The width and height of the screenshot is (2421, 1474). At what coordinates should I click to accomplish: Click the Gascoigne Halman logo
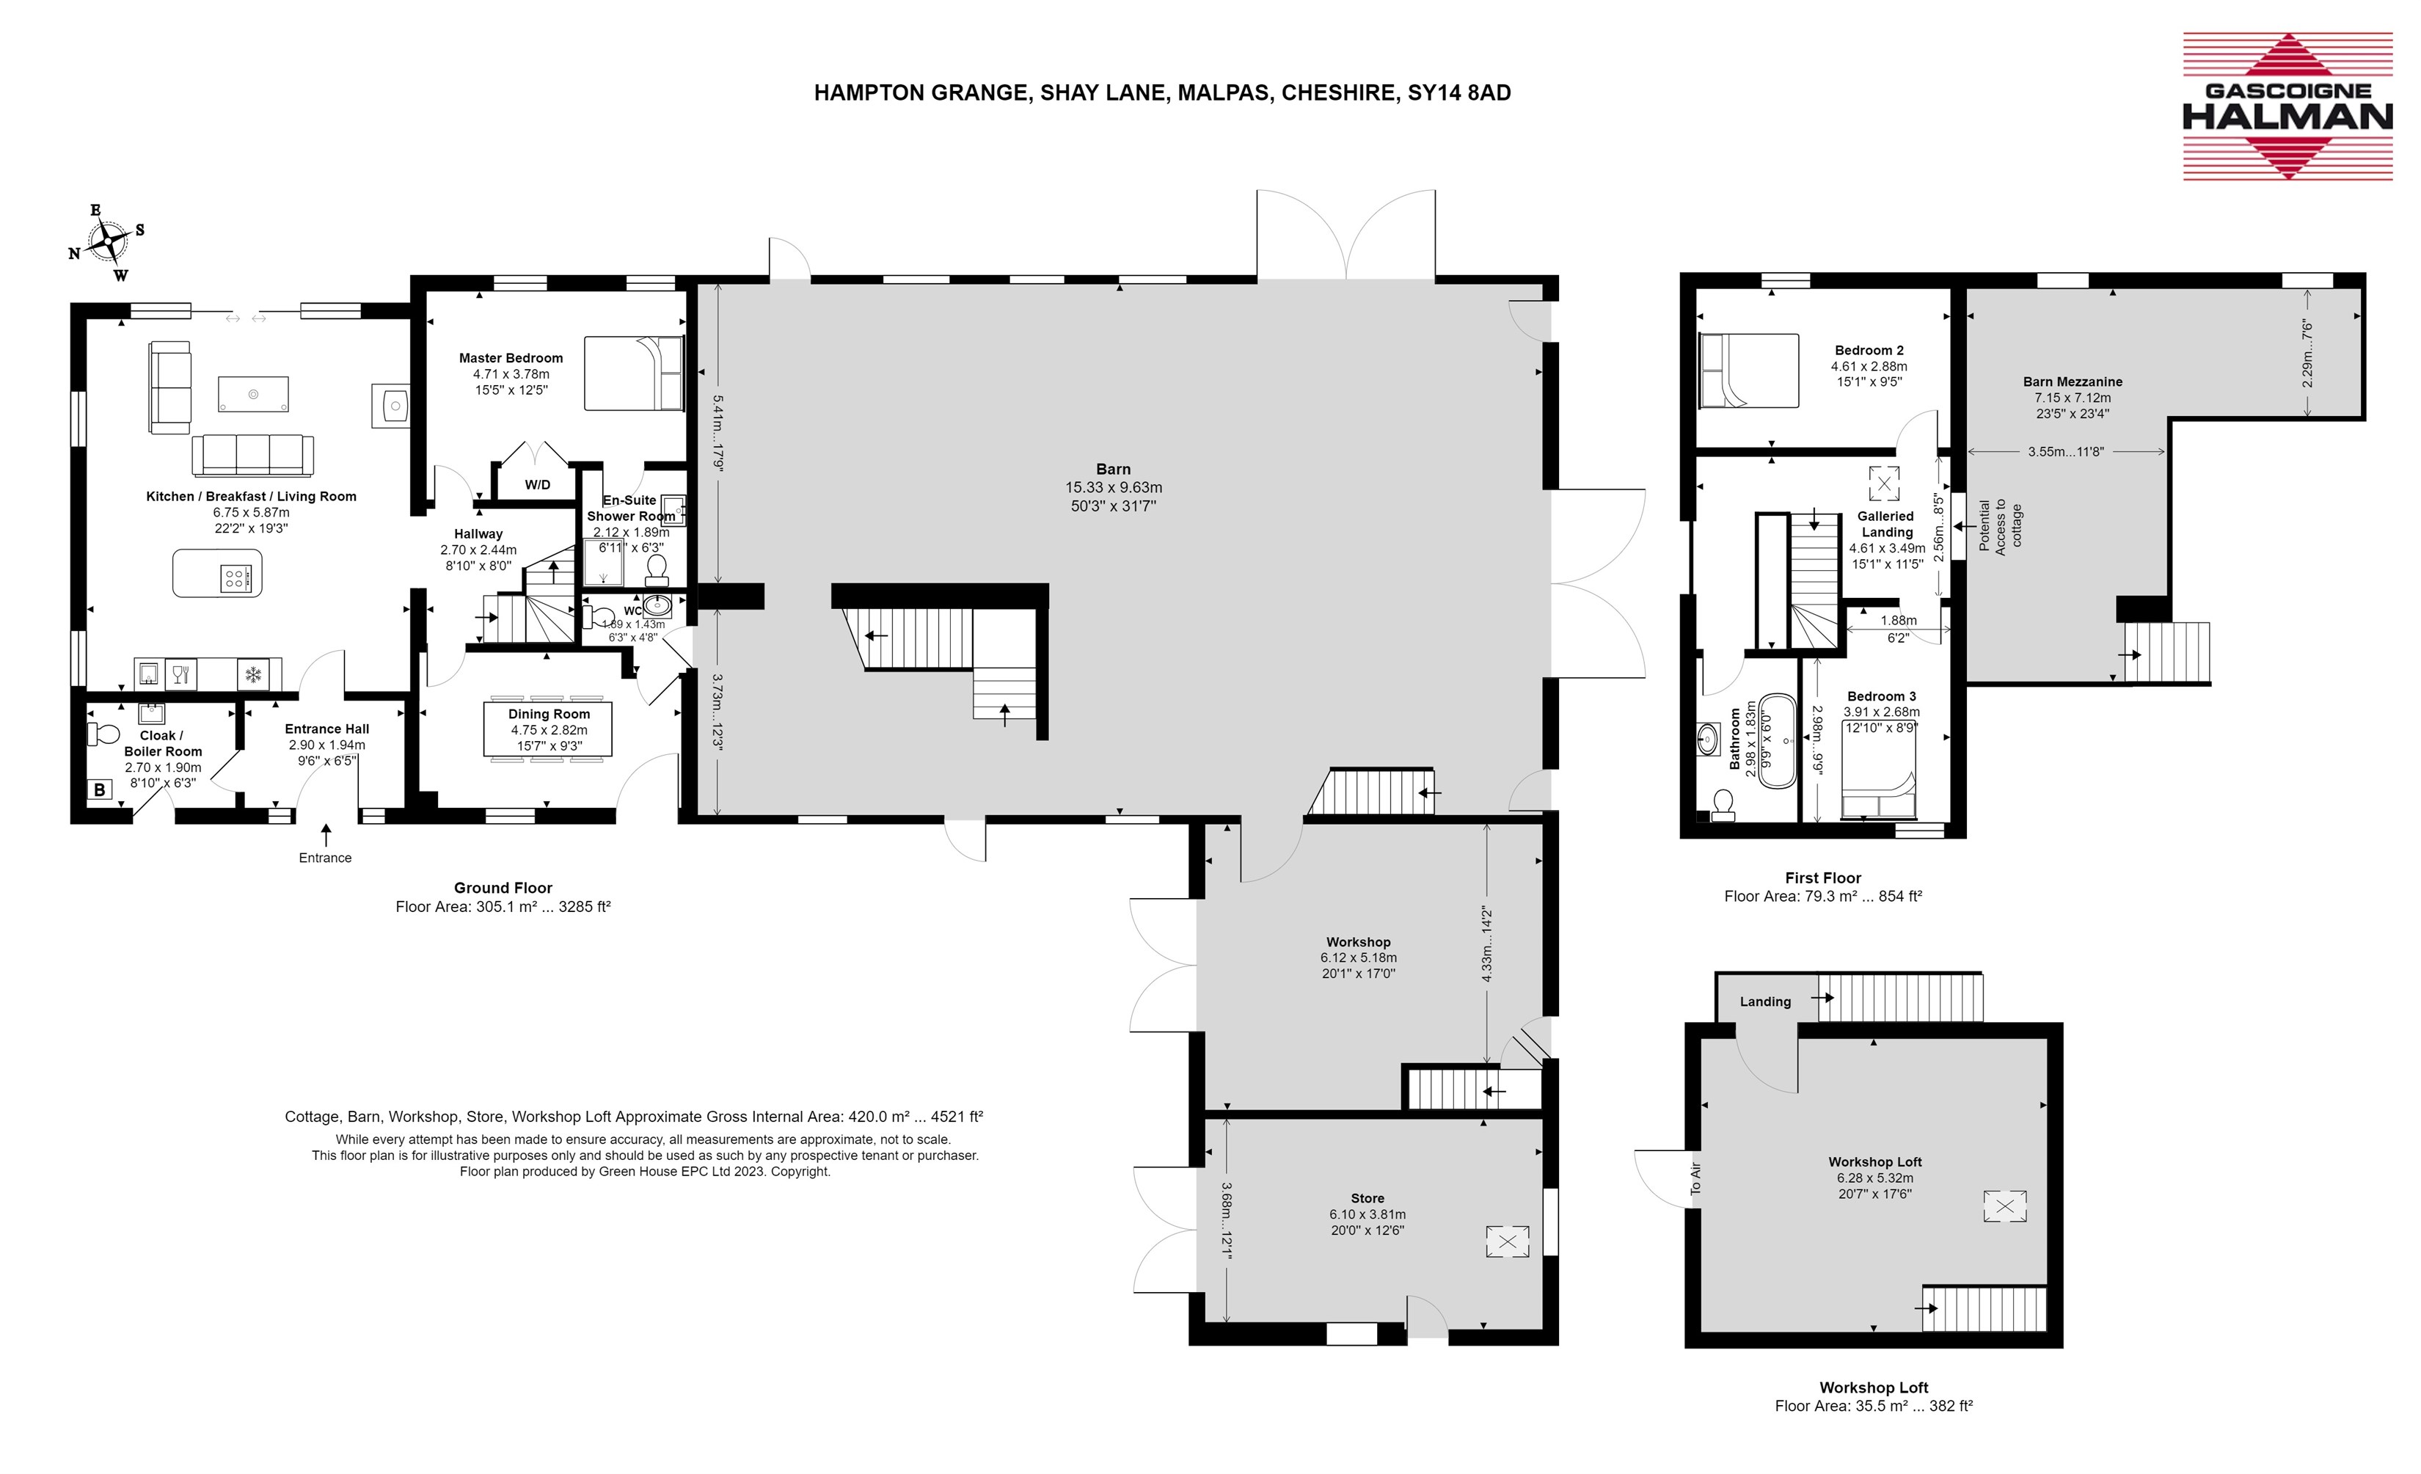pos(2287,106)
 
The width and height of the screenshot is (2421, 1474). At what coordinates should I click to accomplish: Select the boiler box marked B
pos(99,789)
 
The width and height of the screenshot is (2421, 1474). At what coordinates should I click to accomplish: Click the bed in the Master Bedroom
pos(634,373)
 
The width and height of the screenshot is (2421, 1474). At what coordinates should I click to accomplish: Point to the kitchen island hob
pos(235,578)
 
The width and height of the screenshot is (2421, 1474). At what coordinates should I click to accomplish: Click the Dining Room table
pos(548,729)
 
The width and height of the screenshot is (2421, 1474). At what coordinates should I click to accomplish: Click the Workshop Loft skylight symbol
pos(2004,1205)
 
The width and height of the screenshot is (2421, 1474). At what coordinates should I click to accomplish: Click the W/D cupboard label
pos(538,484)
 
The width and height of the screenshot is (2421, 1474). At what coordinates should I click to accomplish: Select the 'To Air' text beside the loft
pos(1695,1178)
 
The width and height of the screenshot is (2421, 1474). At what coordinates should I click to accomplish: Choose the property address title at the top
pos(1162,92)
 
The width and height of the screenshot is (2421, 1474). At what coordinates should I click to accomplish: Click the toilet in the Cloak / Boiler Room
pos(104,733)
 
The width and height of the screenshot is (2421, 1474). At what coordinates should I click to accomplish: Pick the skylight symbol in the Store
pos(1507,1241)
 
